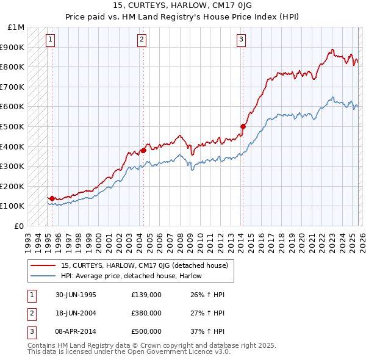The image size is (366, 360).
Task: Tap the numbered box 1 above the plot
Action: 50,40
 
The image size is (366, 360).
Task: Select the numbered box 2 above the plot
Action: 142,40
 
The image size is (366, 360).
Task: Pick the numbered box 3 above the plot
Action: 241,40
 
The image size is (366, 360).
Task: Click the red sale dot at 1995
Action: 52,198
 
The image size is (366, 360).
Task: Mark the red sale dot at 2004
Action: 143,150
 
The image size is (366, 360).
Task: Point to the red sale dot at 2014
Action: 243,126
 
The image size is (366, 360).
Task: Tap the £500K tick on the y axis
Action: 13,126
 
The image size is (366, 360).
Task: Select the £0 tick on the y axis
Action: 20,226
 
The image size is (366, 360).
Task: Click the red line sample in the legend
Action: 43,265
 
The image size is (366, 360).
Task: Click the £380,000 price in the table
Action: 146,313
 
